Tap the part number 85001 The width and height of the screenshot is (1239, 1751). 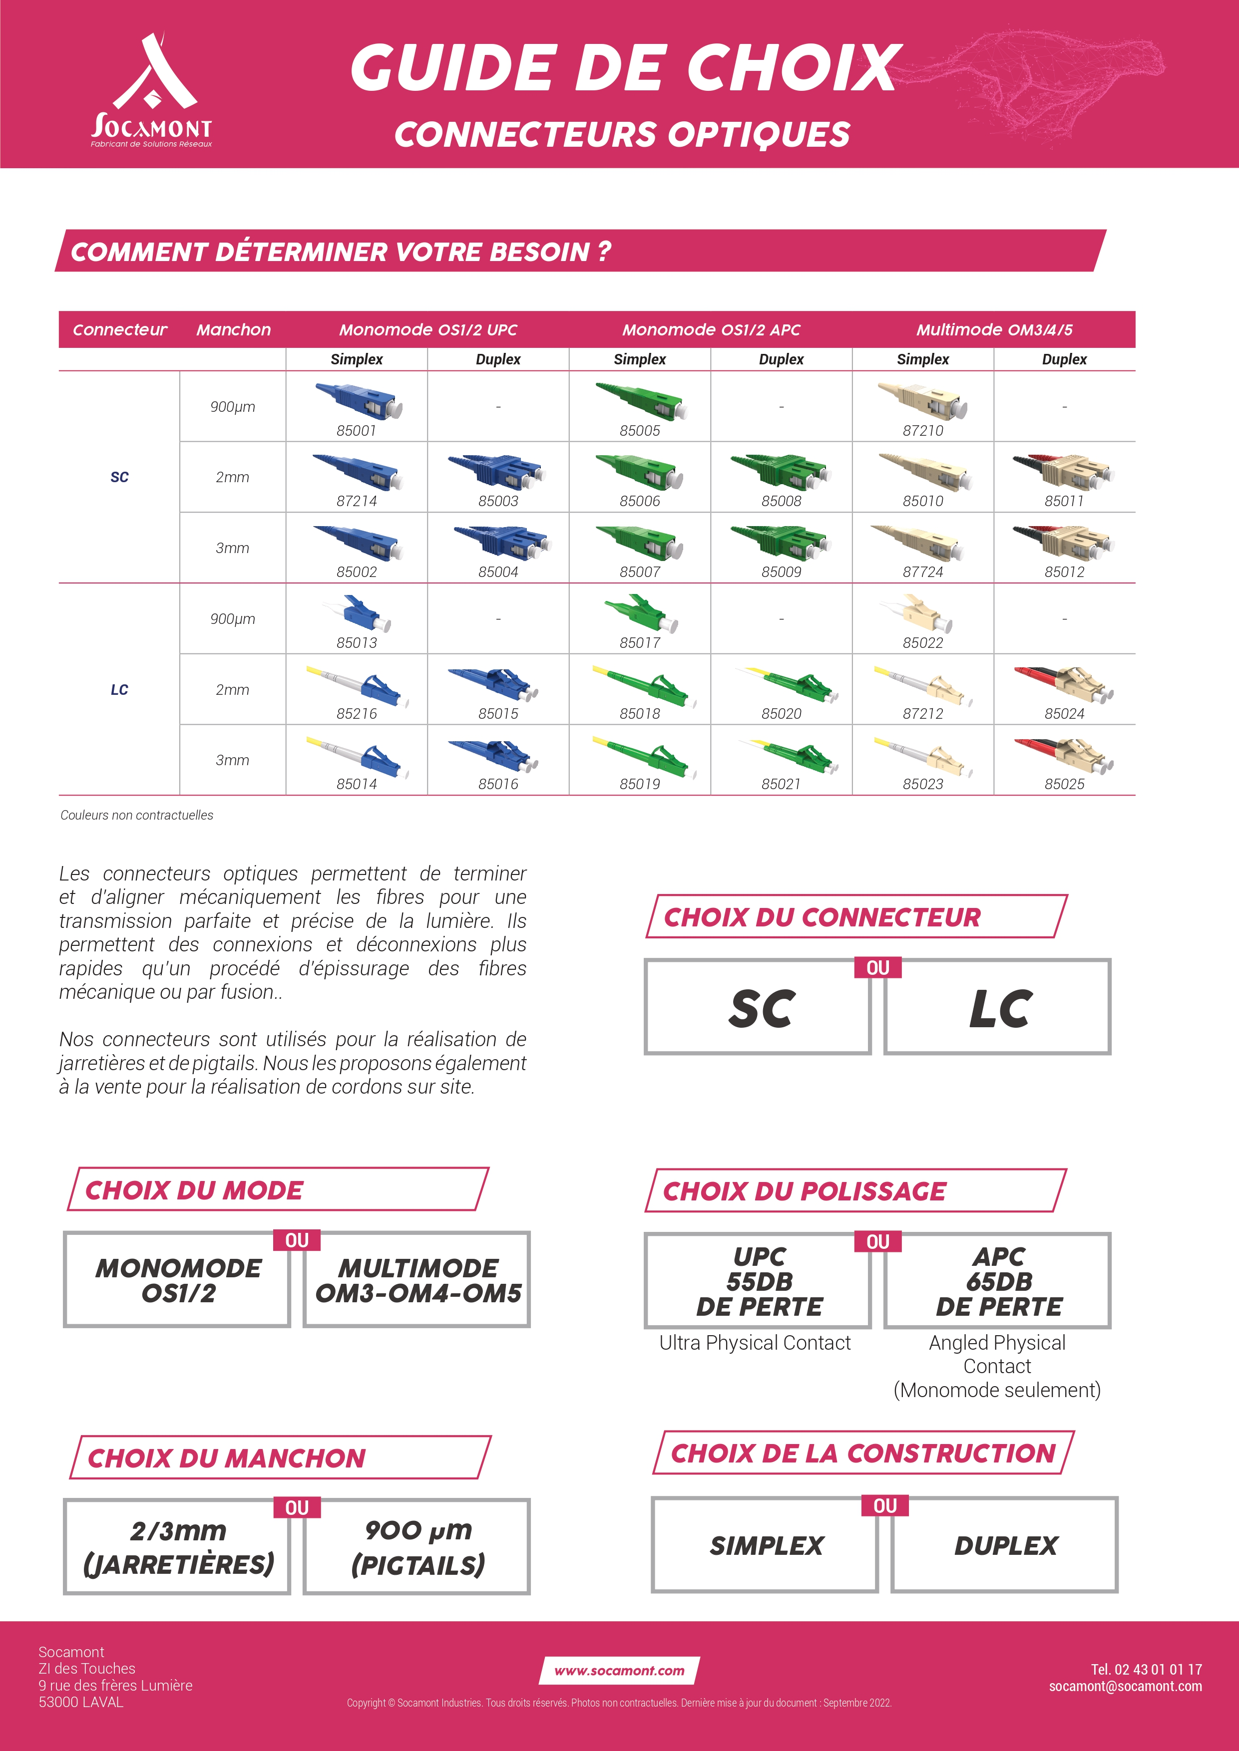(x=356, y=431)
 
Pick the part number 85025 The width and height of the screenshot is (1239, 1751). (x=1064, y=784)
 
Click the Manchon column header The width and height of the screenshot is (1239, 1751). (x=233, y=329)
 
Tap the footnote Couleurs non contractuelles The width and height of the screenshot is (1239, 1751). (x=137, y=815)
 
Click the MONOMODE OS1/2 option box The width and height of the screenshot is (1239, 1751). (x=178, y=1280)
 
